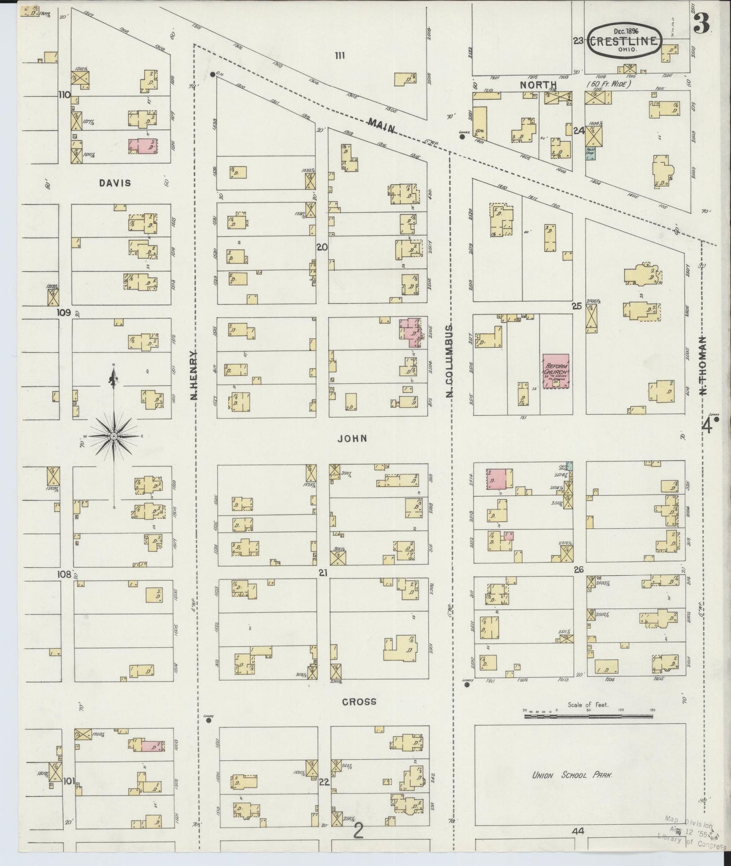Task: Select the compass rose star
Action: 114,436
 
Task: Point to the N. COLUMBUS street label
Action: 449,361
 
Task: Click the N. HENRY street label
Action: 194,375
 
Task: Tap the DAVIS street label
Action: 115,183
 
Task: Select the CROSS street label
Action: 359,701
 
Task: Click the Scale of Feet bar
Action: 588,716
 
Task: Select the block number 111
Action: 339,55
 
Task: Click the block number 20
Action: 322,247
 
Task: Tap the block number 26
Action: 579,570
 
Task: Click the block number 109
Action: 64,313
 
